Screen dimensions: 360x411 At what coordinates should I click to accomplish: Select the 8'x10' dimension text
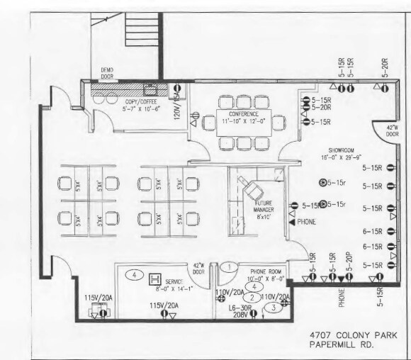268,216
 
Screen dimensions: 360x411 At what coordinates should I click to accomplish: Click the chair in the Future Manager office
252,187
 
